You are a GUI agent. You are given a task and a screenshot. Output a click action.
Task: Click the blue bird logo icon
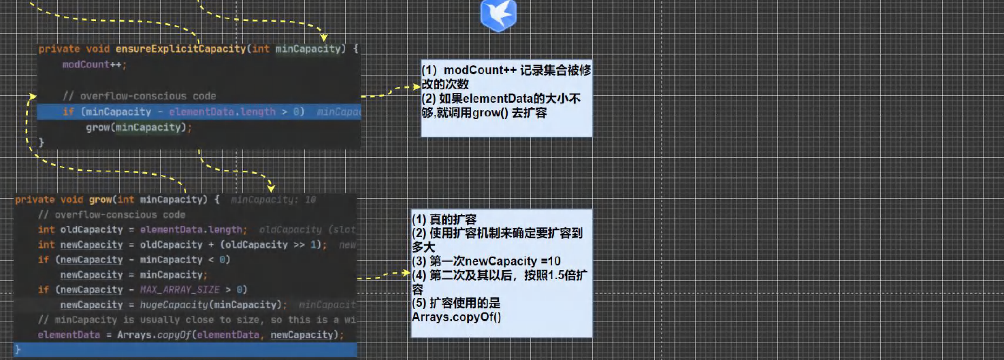(498, 15)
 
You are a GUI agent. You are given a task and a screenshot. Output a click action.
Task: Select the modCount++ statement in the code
(94, 65)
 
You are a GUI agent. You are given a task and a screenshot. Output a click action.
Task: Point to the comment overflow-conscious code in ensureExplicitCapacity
(139, 96)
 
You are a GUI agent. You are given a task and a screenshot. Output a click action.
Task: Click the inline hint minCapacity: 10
(273, 200)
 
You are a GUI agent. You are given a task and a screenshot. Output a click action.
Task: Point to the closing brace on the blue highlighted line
(18, 350)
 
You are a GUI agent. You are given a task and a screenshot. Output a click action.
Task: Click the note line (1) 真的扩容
(444, 219)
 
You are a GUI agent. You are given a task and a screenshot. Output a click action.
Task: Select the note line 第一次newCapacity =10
(486, 261)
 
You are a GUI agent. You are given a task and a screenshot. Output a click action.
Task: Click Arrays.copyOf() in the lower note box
(456, 317)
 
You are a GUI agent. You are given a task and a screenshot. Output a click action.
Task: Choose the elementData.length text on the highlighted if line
(222, 112)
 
